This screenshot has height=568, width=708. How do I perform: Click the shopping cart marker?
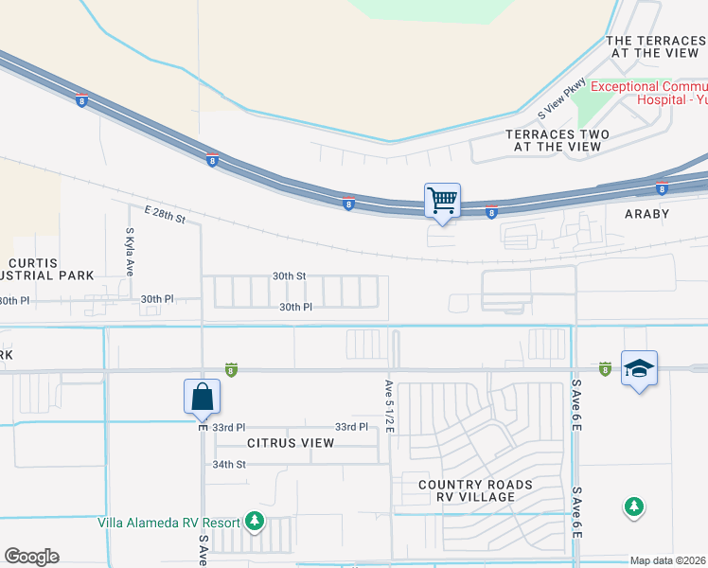click(442, 201)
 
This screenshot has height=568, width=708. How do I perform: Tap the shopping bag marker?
click(203, 397)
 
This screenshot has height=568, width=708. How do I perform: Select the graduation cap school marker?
click(639, 368)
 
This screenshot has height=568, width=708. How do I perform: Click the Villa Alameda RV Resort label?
click(171, 522)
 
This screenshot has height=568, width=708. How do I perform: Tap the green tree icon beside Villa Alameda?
click(254, 521)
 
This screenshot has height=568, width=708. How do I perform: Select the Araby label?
click(646, 214)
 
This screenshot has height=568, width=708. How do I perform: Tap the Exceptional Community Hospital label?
click(649, 93)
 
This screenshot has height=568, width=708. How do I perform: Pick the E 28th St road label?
click(166, 217)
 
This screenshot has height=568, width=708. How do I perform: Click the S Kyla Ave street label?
click(130, 251)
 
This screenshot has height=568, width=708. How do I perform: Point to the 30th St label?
click(289, 275)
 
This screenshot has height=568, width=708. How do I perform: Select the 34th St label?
click(229, 464)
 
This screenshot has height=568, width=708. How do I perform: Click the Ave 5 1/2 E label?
click(388, 405)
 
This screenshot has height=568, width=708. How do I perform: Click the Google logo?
click(31, 557)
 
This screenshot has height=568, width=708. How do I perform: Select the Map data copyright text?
click(668, 560)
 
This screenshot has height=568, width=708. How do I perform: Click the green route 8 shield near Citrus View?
click(230, 368)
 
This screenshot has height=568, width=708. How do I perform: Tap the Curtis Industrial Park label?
click(47, 268)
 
